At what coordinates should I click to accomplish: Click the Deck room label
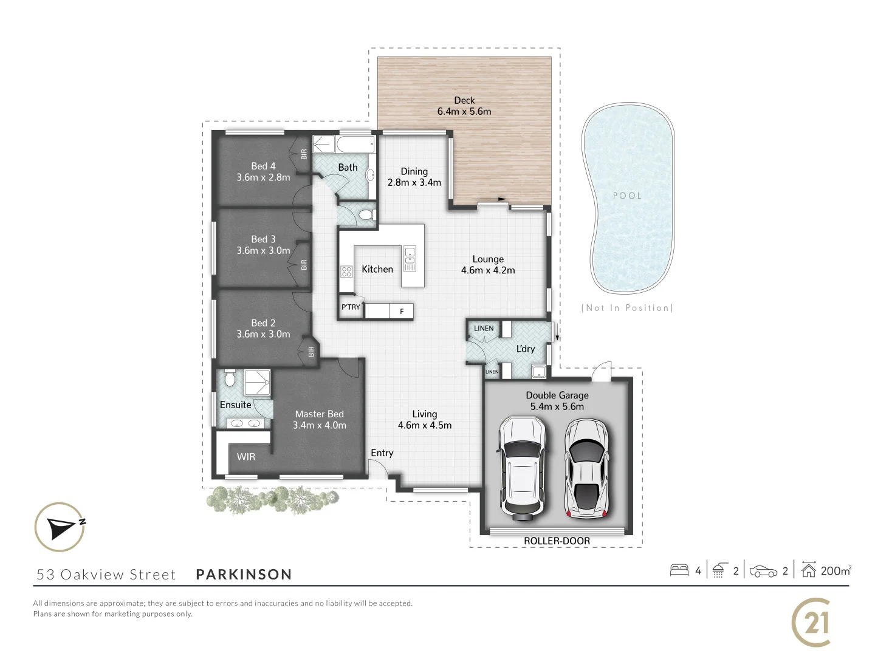point(464,100)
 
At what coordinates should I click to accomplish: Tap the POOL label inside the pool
point(627,196)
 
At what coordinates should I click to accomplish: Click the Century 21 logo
point(811,623)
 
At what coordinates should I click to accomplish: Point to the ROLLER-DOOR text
point(557,541)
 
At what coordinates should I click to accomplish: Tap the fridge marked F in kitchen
point(401,312)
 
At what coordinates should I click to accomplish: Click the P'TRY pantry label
point(351,307)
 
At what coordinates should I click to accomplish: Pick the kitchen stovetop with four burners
point(346,272)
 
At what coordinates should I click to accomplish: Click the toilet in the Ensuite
point(230,378)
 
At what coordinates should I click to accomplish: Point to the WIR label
point(246,457)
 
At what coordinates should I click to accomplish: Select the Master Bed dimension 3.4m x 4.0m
point(320,425)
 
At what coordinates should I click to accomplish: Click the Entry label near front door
point(382,453)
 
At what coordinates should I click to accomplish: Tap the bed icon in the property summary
point(679,570)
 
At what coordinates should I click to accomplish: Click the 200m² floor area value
point(836,570)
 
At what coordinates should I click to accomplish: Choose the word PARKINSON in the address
point(244,575)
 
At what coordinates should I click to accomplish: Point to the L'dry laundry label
point(526,349)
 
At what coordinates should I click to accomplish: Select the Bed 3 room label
point(263,239)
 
